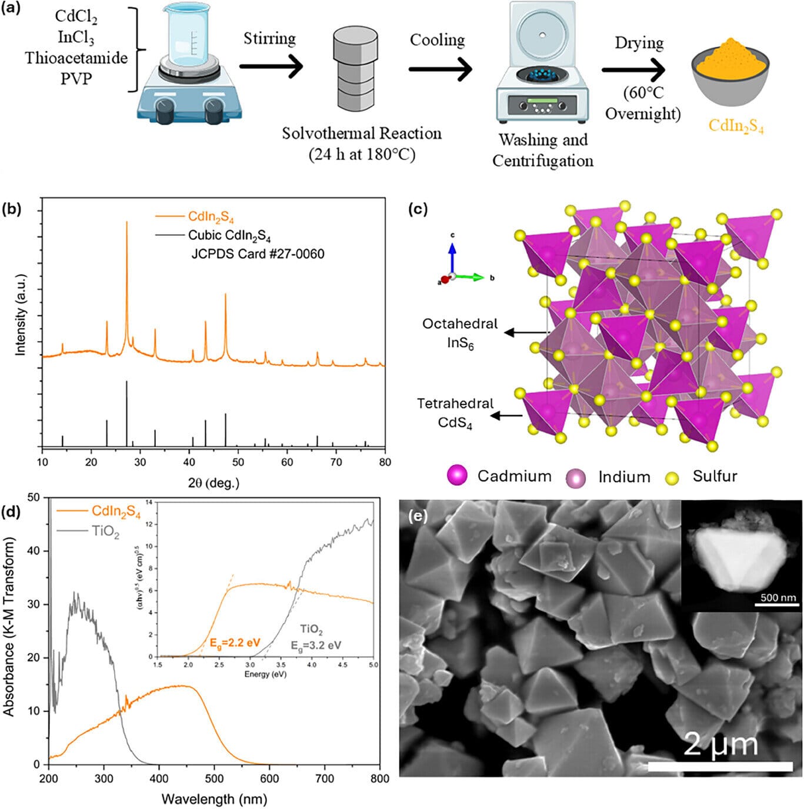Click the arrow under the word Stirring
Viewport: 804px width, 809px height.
coord(271,66)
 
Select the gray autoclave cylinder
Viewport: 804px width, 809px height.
coord(355,68)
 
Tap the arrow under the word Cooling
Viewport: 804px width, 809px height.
coord(441,69)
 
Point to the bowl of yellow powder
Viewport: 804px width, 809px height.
coord(730,73)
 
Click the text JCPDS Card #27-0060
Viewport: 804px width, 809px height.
coord(258,254)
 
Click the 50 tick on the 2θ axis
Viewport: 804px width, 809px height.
coord(238,462)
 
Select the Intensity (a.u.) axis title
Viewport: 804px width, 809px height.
coord(21,315)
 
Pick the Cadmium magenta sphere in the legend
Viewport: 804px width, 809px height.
coord(457,476)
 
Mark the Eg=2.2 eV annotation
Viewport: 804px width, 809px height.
coord(235,642)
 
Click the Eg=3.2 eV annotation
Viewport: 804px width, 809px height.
coord(316,645)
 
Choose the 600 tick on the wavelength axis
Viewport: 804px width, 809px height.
coord(270,779)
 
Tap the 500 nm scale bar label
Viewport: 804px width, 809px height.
coord(778,598)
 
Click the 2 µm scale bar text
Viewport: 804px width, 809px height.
coord(720,744)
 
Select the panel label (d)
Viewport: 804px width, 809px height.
coord(12,512)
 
